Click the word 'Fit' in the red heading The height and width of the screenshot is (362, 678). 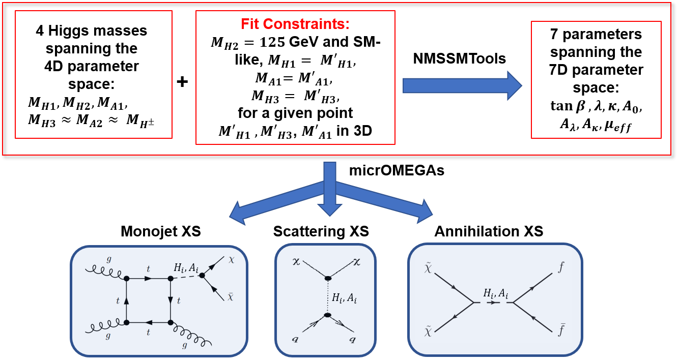(x=250, y=24)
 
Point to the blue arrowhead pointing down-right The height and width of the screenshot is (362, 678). (x=423, y=210)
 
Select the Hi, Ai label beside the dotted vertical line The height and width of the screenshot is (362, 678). (x=345, y=298)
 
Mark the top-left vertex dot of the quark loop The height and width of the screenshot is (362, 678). (x=126, y=279)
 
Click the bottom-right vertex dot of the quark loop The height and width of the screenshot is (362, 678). (x=171, y=322)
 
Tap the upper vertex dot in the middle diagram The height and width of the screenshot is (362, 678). (x=328, y=278)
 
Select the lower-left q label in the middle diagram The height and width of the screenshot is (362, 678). (x=295, y=338)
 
